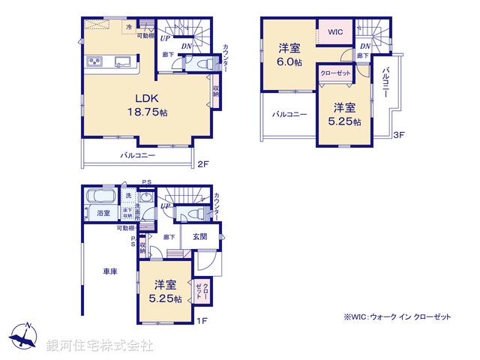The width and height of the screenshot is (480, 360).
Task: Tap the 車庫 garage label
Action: click(109, 271)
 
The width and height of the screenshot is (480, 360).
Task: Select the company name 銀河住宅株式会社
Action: click(100, 346)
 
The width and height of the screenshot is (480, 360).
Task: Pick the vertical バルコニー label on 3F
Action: click(385, 84)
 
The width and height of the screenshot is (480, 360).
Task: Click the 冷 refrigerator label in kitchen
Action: click(129, 27)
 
